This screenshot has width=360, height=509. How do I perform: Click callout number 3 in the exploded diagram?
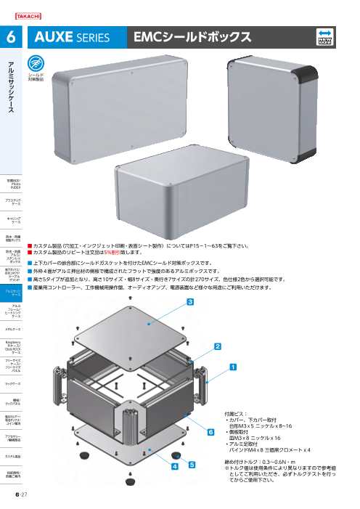click(190, 301)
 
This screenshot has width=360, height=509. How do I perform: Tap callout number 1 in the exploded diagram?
click(233, 367)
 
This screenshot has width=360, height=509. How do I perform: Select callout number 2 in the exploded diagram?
click(217, 347)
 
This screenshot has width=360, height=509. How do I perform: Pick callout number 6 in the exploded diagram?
click(211, 431)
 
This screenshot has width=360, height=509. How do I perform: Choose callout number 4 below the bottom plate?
click(175, 468)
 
